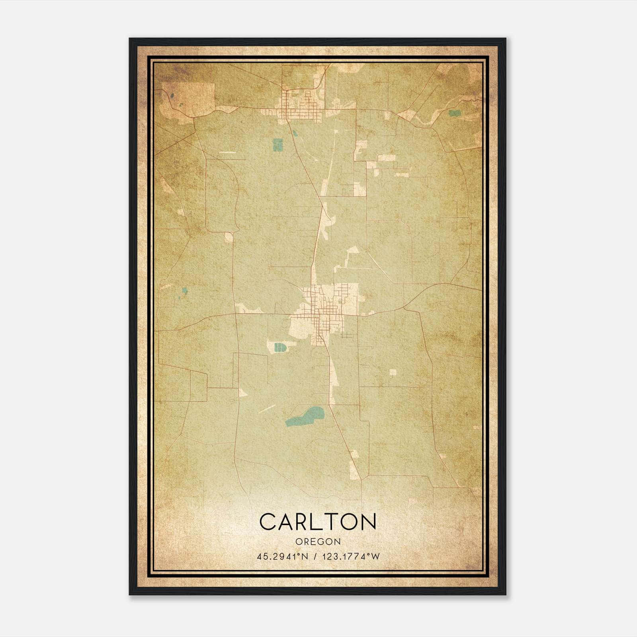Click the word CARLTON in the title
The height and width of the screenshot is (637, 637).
(x=318, y=522)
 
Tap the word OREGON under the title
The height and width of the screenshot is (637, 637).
(x=318, y=541)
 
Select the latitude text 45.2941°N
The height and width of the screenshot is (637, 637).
(x=283, y=557)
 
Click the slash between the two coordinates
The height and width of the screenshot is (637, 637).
(x=315, y=557)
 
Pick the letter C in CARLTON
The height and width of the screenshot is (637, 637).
(x=268, y=522)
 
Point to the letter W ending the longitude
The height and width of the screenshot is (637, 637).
(x=375, y=557)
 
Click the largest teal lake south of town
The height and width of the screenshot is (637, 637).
(x=305, y=416)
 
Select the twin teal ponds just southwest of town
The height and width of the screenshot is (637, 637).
(x=280, y=348)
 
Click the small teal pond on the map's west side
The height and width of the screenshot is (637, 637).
(x=184, y=291)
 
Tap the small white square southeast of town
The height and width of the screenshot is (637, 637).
(x=393, y=372)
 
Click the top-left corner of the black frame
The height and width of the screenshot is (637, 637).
(x=130, y=39)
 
